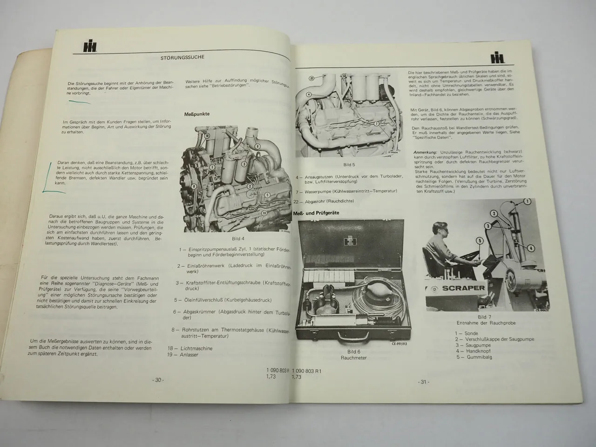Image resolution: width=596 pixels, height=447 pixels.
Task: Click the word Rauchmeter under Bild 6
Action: coord(353,358)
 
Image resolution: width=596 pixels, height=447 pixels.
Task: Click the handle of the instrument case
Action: coord(352,336)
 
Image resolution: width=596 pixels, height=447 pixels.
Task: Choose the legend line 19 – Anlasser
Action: coord(183,354)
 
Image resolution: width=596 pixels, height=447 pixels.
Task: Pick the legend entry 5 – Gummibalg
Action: coord(474,357)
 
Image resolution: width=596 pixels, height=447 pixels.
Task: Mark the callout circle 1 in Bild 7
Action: coord(527,202)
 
